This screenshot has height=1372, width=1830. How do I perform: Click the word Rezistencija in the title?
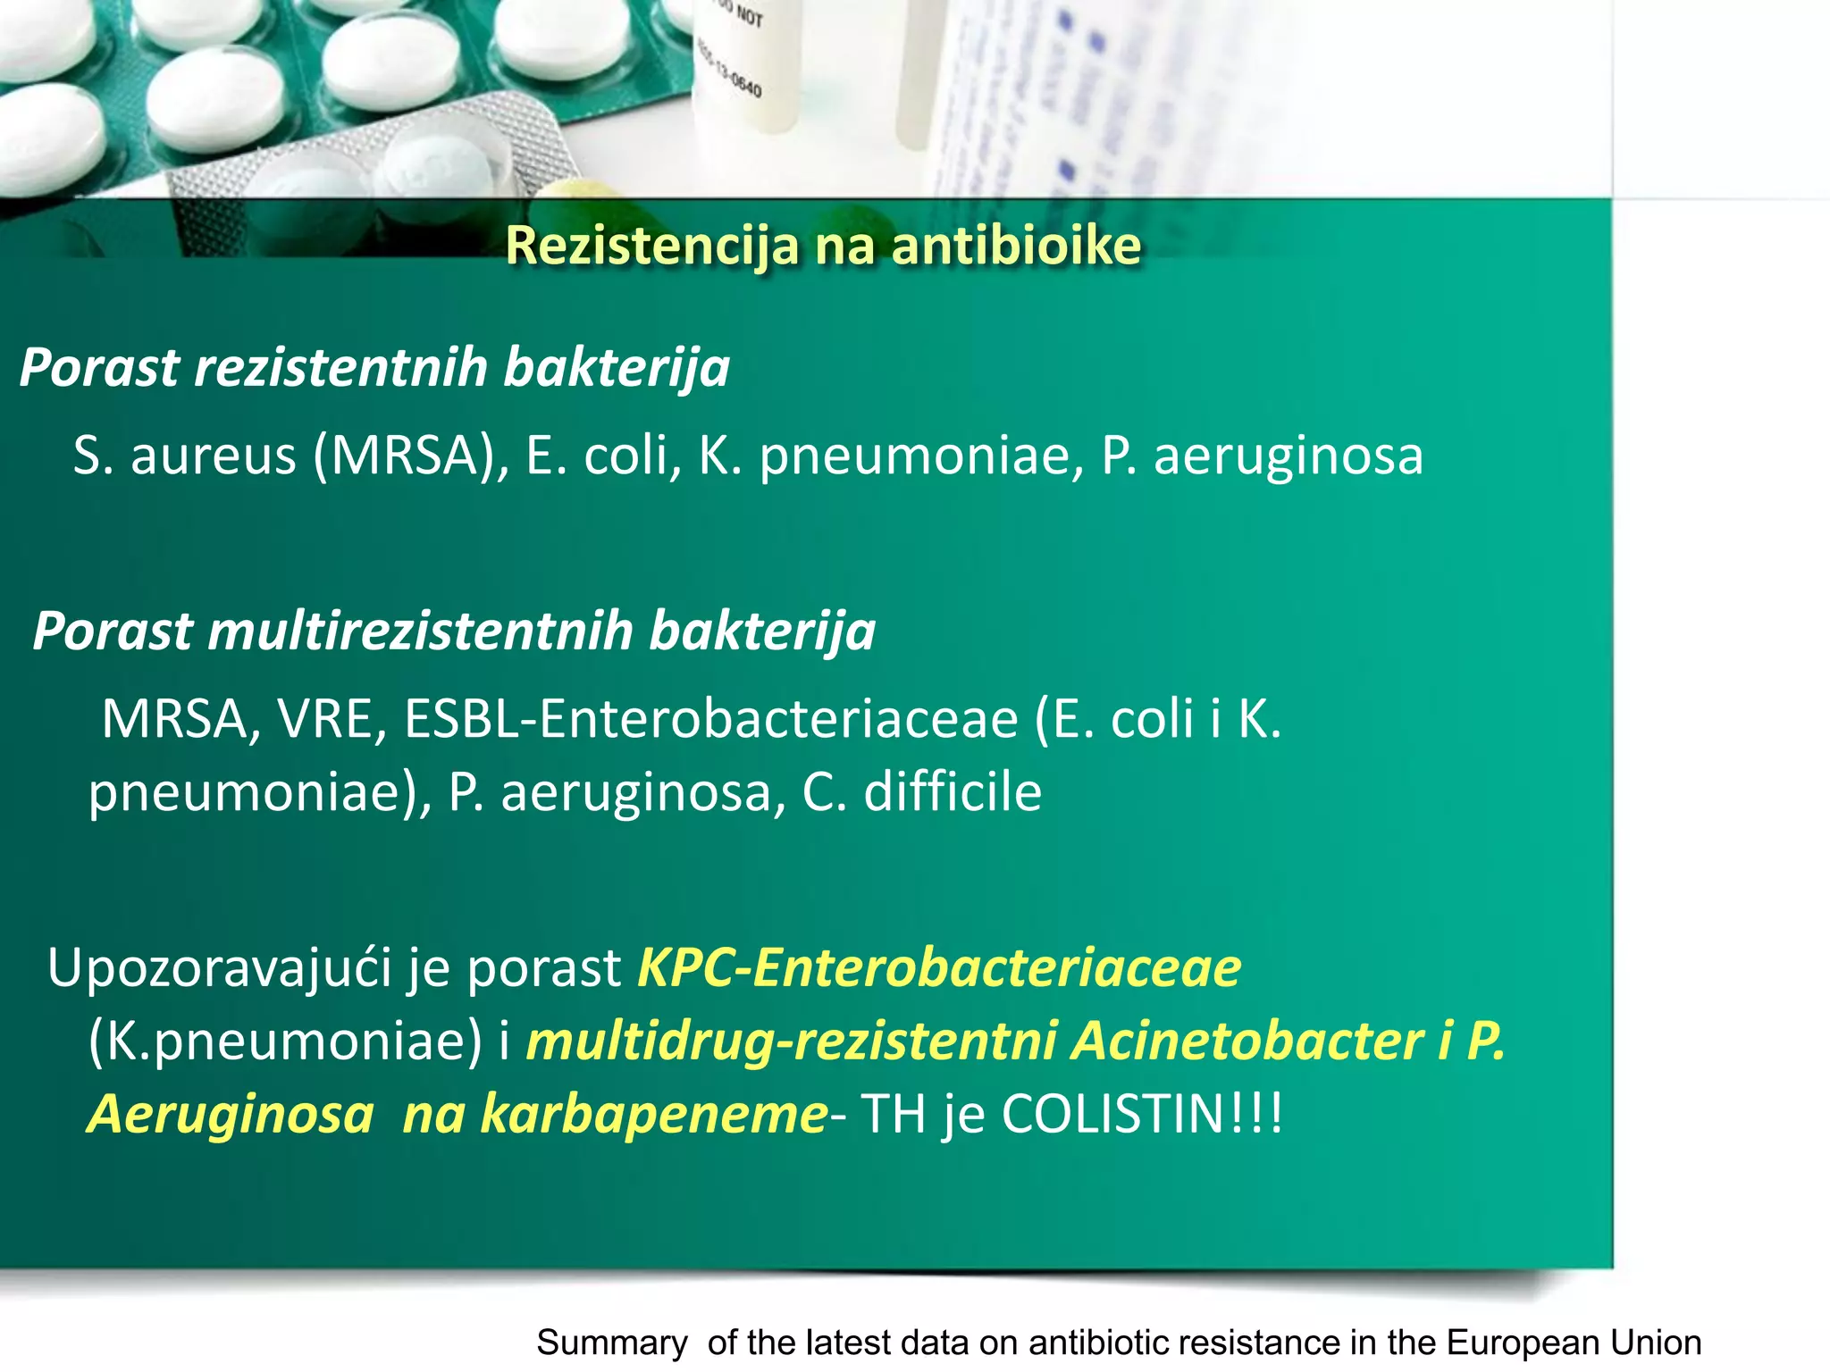tap(651, 246)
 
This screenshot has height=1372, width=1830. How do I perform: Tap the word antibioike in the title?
tap(1016, 246)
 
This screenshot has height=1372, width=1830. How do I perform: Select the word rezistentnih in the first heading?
tap(340, 367)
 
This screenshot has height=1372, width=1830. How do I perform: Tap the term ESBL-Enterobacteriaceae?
tap(711, 719)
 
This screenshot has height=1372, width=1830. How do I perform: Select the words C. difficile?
tap(922, 792)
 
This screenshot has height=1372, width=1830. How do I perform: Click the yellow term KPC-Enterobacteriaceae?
tap(938, 967)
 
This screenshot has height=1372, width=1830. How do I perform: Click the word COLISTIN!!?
tap(1142, 1114)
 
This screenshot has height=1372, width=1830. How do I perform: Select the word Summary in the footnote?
tap(612, 1343)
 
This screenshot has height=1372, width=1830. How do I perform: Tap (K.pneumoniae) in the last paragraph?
tap(285, 1041)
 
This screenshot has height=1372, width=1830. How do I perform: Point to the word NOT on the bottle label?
tap(750, 17)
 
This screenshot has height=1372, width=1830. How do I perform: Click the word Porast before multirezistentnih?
tap(113, 631)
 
